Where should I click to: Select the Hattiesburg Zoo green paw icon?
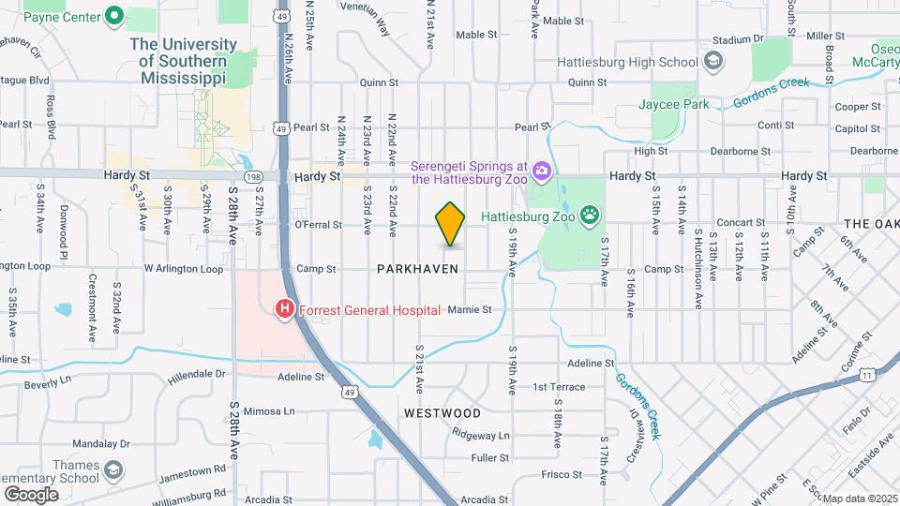click(590, 215)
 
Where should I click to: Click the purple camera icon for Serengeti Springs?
click(541, 171)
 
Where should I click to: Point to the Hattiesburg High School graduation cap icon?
click(713, 62)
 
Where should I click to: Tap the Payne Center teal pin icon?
click(115, 16)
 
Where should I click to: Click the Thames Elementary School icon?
click(113, 469)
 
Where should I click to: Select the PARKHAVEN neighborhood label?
click(417, 269)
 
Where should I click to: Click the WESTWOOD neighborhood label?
click(442, 412)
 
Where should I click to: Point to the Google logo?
click(31, 494)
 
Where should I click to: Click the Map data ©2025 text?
click(861, 499)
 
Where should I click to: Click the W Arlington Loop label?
click(184, 269)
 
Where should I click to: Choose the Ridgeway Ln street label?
click(480, 435)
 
